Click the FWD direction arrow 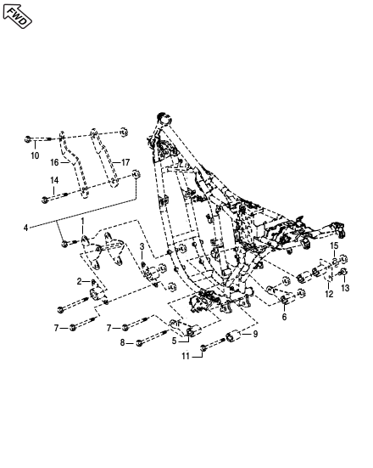tap(17, 16)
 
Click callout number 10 tap(35, 155)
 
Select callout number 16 tap(54, 163)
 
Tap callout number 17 tap(125, 162)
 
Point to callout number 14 tap(54, 180)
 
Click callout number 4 tap(26, 228)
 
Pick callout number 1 tap(83, 221)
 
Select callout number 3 tap(142, 246)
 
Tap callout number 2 tap(79, 281)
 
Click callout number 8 tap(122, 343)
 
